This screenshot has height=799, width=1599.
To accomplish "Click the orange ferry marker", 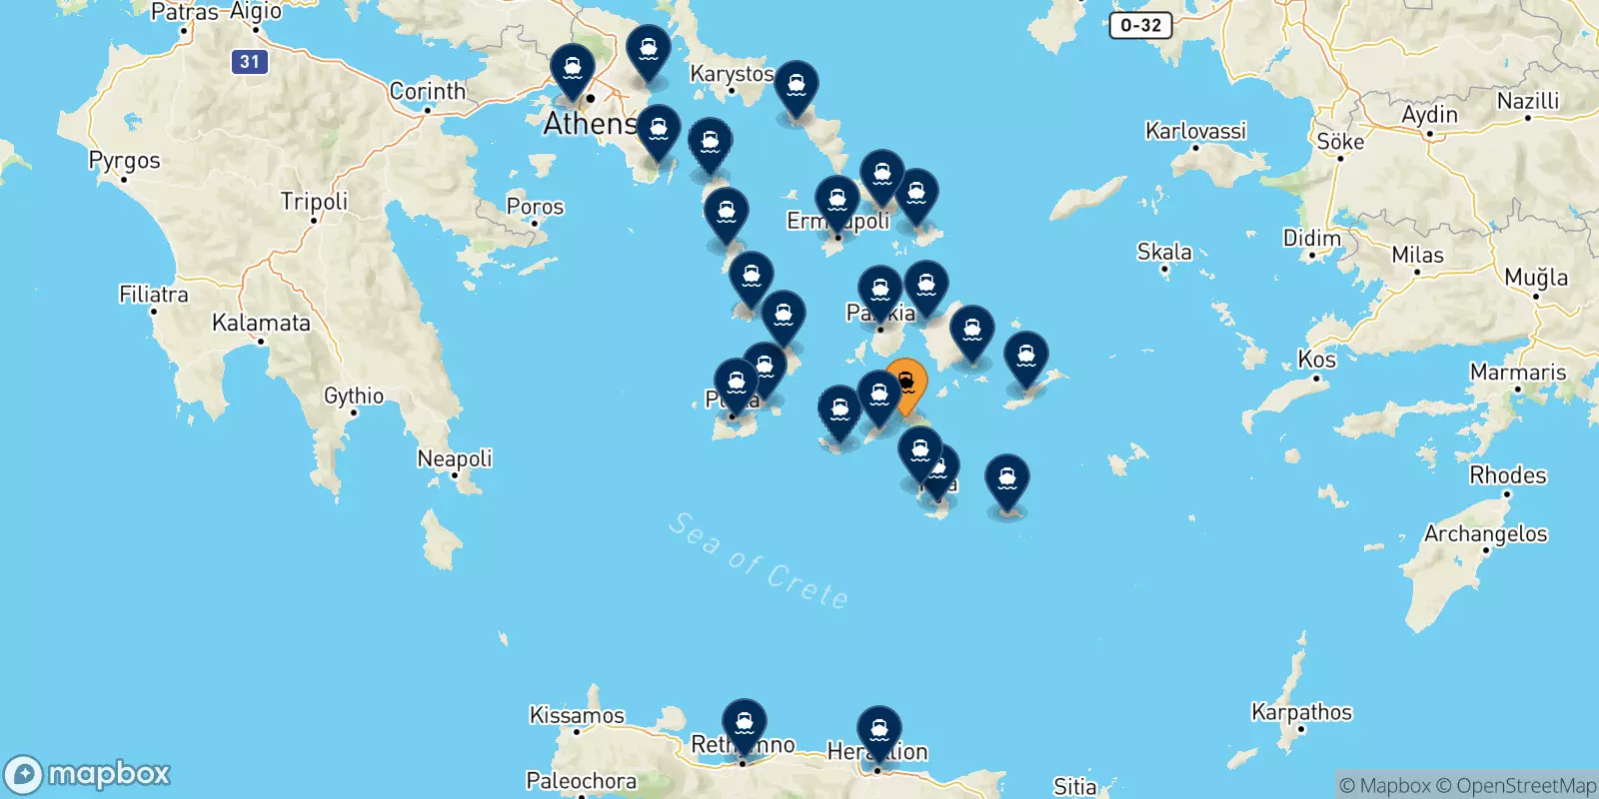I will pyautogui.click(x=906, y=384).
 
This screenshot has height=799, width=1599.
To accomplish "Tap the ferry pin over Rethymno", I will pyautogui.click(x=745, y=722).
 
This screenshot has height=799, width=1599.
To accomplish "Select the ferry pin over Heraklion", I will pyautogui.click(x=878, y=730).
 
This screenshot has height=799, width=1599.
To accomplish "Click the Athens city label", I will pyautogui.click(x=590, y=124).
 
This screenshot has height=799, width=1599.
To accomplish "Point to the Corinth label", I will pyautogui.click(x=427, y=91).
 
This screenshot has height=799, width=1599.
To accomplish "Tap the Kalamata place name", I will pyautogui.click(x=261, y=323).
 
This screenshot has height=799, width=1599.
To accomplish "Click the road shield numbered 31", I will pyautogui.click(x=249, y=62).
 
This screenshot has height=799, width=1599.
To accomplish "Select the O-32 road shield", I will pyautogui.click(x=1140, y=25).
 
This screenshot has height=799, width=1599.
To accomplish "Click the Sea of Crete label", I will pyautogui.click(x=760, y=561).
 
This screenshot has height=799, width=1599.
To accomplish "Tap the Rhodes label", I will pyautogui.click(x=1507, y=475).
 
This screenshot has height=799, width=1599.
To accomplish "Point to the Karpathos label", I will pyautogui.click(x=1301, y=712).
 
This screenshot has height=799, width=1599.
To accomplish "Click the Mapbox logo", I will pyautogui.click(x=88, y=774).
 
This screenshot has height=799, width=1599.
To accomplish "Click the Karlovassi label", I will pyautogui.click(x=1195, y=131).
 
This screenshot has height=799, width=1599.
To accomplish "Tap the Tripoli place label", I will pyautogui.click(x=314, y=201).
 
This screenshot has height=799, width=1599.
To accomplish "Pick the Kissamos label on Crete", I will pyautogui.click(x=577, y=715).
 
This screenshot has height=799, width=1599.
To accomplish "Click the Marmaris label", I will pyautogui.click(x=1517, y=373).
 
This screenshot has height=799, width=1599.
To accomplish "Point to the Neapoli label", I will pyautogui.click(x=455, y=458).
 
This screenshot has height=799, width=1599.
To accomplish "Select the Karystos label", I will pyautogui.click(x=732, y=74).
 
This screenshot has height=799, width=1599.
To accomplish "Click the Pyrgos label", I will pyautogui.click(x=124, y=161).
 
